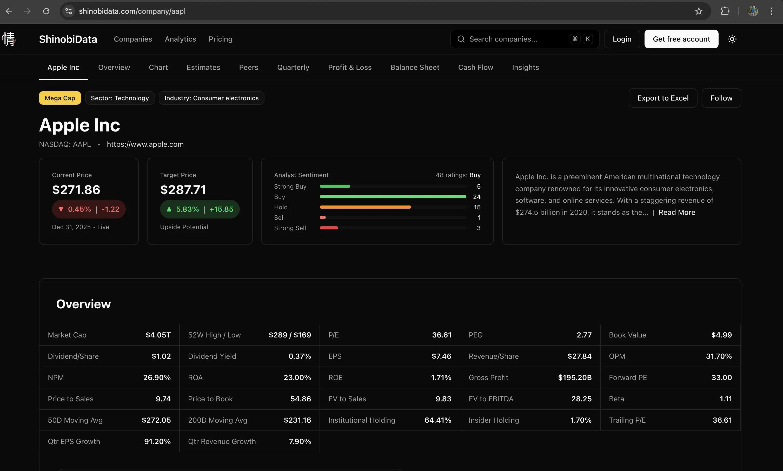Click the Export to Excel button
[663, 98]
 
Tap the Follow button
[721, 98]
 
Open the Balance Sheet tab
[415, 67]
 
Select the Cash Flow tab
[475, 67]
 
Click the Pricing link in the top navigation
[221, 39]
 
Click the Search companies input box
[525, 39]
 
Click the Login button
[622, 39]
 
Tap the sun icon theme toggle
[732, 39]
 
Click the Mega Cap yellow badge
[60, 98]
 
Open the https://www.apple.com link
[145, 144]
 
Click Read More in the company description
[677, 212]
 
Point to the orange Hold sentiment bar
[365, 207]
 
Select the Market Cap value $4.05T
[158, 335]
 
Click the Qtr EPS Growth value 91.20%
[157, 441]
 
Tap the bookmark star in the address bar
[699, 11]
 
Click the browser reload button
[46, 11]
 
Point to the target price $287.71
[183, 190]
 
